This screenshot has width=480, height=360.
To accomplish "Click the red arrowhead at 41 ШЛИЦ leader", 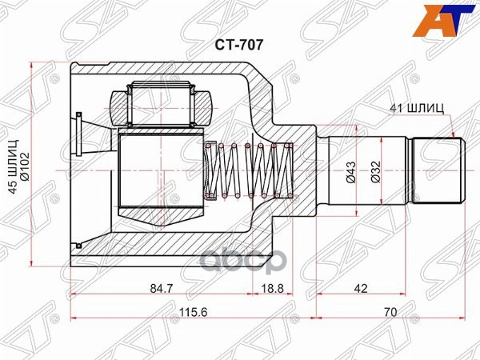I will tap(453, 136).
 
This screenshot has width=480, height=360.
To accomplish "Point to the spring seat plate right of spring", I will tap(291, 170).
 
